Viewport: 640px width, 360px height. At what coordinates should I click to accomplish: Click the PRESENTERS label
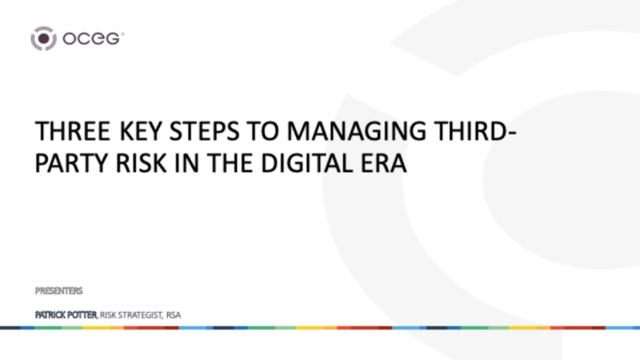point(59,290)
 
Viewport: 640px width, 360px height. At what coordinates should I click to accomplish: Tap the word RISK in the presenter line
point(108,315)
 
